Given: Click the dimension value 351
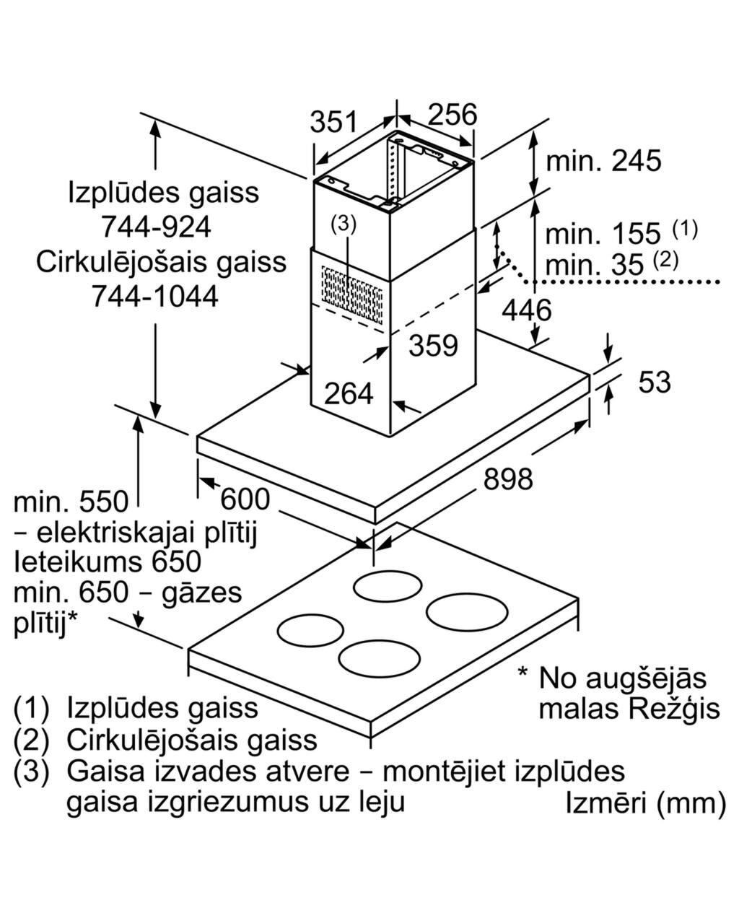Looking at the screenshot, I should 333,123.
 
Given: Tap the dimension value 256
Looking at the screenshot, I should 452,114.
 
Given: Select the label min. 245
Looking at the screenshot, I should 603,160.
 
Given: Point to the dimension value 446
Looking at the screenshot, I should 526,311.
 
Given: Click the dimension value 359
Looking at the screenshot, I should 433,346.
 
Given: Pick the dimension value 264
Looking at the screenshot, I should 349,393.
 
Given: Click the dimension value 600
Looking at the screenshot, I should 245,499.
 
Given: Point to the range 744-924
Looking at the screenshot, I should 156,227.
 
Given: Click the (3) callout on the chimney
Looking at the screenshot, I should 344,225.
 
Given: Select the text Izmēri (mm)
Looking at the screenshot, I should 645,803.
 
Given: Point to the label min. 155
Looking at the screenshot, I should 603,234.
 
